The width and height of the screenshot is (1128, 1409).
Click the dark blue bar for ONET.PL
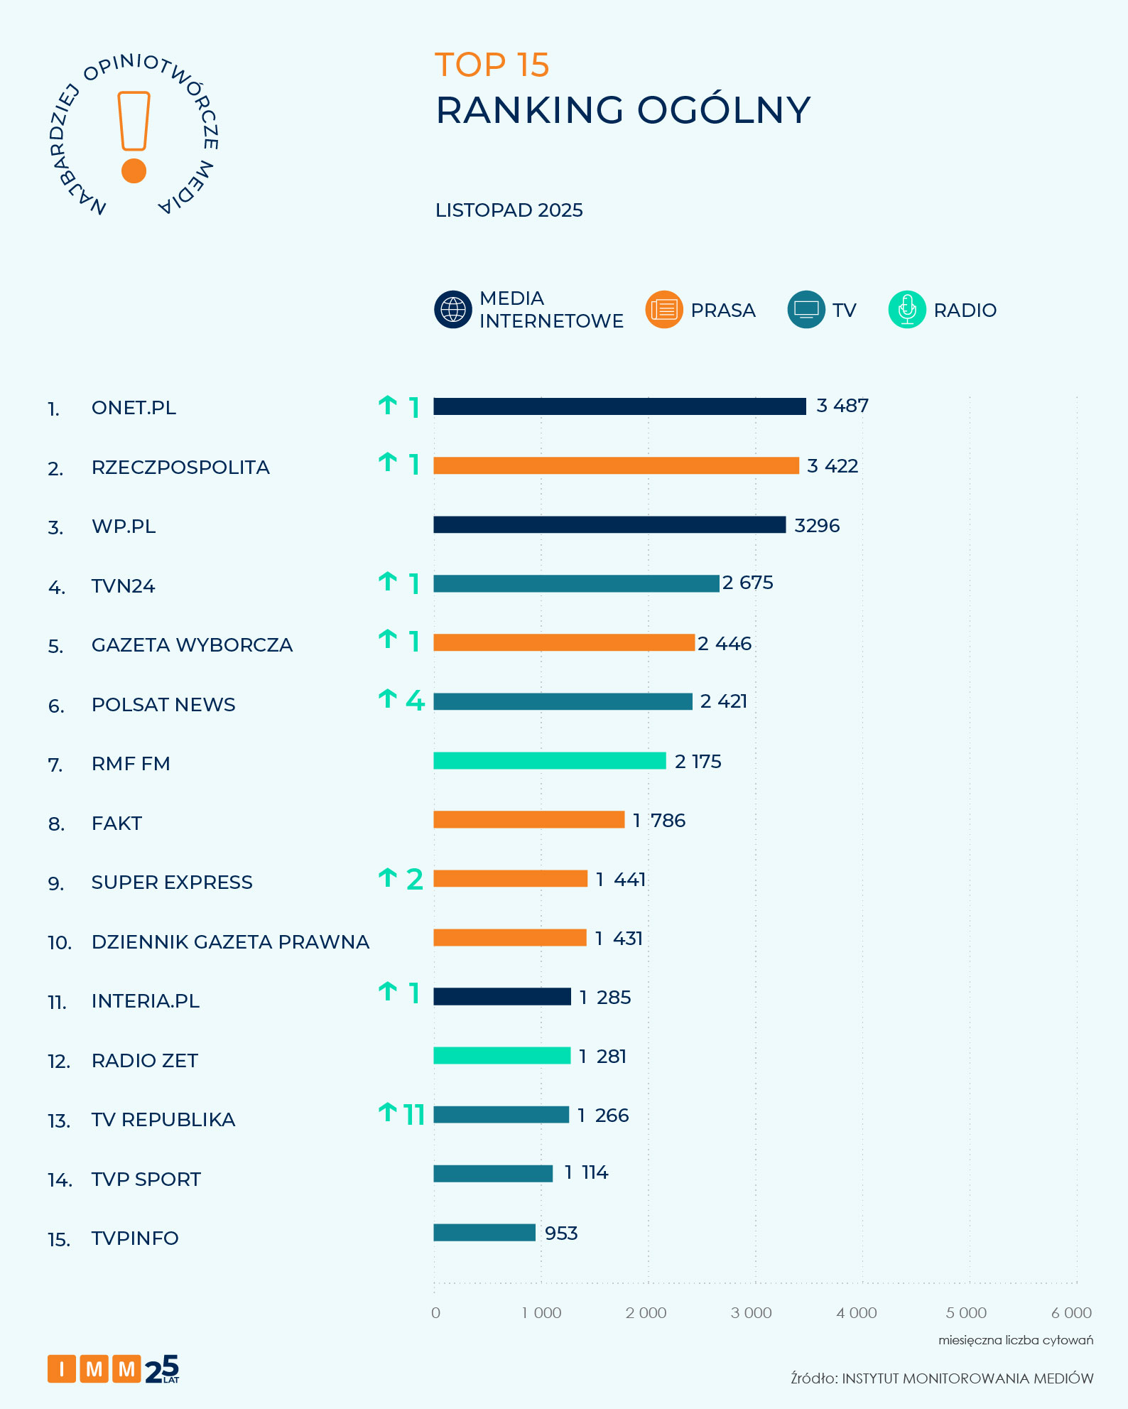[x=619, y=406]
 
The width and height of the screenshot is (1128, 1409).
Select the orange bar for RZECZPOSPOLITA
[x=616, y=465]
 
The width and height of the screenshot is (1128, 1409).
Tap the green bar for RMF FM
[x=549, y=761]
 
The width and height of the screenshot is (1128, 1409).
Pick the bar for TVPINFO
[x=484, y=1233]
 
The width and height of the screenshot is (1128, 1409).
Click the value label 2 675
[x=748, y=583]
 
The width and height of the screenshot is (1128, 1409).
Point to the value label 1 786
[x=659, y=821]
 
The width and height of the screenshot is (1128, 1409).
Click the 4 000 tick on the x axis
[x=857, y=1313]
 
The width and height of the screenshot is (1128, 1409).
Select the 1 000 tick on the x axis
[x=541, y=1313]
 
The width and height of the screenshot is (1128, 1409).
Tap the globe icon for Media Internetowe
[x=453, y=310]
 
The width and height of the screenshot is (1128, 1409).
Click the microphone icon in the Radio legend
[x=907, y=310]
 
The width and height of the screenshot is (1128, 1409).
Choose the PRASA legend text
[x=722, y=311]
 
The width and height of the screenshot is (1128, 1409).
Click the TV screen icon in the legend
[x=806, y=310]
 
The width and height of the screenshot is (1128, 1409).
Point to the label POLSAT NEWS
[x=163, y=705]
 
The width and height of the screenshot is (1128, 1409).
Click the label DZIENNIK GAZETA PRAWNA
[x=230, y=942]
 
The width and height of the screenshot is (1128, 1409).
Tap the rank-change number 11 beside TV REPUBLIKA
[x=414, y=1115]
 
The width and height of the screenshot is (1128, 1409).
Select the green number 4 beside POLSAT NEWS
[x=415, y=701]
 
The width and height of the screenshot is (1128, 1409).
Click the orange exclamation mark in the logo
[x=134, y=136]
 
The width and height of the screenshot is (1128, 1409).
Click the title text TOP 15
[x=492, y=65]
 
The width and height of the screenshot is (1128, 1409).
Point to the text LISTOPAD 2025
[x=509, y=210]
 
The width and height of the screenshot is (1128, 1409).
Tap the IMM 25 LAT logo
[x=113, y=1368]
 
